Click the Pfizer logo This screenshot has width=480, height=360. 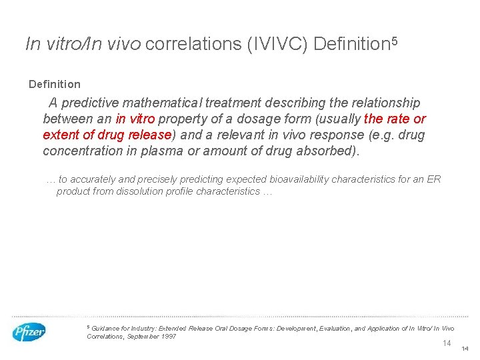pos(29,331)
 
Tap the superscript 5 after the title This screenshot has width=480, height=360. pos(394,39)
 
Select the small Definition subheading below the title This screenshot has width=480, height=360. pos(55,84)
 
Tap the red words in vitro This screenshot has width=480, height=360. pos(135,119)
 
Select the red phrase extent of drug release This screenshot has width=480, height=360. pos(107,135)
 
